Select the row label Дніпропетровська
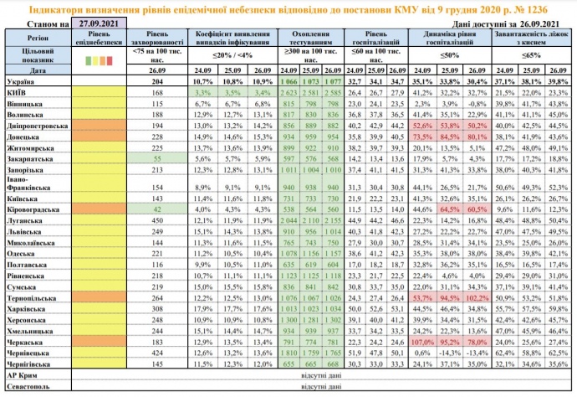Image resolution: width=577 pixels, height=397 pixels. coord(37,123)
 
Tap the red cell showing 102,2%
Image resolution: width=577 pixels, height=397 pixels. coord(477,298)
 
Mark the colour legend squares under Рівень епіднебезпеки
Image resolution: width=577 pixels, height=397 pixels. coord(99,60)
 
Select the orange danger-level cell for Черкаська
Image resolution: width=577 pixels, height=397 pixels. coord(99,342)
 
